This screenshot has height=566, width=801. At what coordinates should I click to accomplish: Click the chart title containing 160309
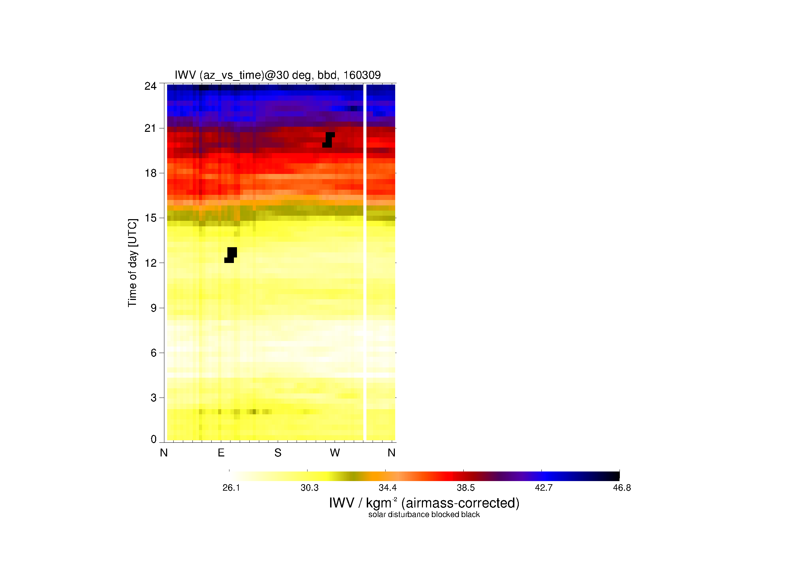click(x=278, y=75)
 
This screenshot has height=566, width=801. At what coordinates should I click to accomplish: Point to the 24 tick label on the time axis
click(x=151, y=86)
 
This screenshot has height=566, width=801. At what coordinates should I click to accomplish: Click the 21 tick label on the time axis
click(x=151, y=128)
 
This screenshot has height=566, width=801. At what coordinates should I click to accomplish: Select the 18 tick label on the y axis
click(x=151, y=173)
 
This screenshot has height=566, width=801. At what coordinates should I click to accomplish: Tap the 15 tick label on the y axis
click(x=151, y=218)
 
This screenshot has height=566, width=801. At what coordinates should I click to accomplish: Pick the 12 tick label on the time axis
click(x=151, y=263)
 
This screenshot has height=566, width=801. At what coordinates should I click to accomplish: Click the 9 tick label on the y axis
click(x=153, y=308)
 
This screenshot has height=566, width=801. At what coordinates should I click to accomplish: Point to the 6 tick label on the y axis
click(x=153, y=353)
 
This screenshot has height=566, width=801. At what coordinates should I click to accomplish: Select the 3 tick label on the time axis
click(x=153, y=398)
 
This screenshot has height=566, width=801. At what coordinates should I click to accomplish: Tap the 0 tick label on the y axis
click(x=153, y=439)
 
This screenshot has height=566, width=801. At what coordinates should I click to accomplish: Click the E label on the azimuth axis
click(x=221, y=453)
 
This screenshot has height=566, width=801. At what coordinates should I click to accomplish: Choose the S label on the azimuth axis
click(x=278, y=453)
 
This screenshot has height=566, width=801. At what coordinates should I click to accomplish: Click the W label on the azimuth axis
click(x=335, y=453)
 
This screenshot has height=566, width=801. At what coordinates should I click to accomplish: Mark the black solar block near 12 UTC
click(x=230, y=255)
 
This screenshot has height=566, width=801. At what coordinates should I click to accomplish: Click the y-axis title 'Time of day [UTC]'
click(x=133, y=263)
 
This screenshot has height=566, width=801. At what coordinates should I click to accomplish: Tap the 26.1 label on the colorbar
click(x=231, y=488)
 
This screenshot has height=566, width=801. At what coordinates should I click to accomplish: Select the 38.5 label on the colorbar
click(x=466, y=488)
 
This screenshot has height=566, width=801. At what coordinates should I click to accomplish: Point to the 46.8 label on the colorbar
click(x=622, y=488)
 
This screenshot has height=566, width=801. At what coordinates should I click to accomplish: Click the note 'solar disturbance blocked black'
click(x=424, y=515)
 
